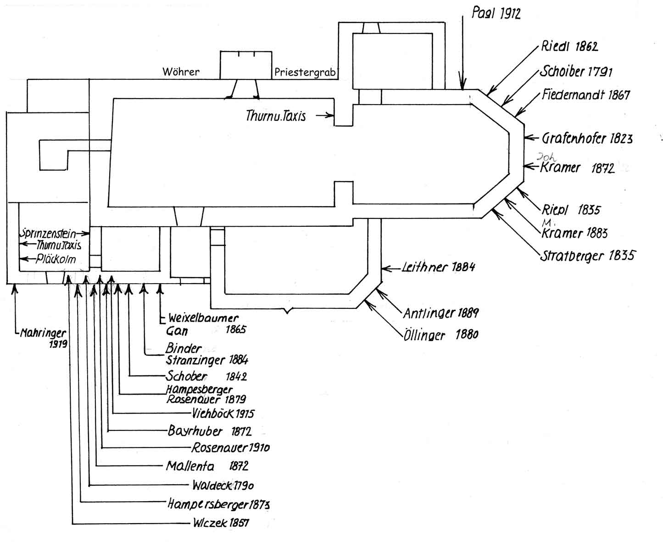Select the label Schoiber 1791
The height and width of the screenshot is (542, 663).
576,71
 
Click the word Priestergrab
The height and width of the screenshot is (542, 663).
305,73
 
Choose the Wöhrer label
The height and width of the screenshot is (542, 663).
181,72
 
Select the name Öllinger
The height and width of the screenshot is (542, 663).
424,335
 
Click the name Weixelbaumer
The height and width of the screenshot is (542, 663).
203,318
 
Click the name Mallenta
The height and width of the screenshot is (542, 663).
190,466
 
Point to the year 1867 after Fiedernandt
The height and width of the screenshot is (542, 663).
619,95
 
